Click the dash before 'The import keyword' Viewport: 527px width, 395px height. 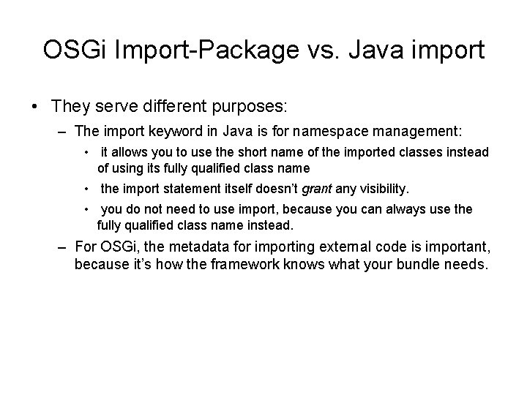(x=63, y=132)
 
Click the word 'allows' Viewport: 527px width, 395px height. (x=130, y=152)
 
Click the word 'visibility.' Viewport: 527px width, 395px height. (x=383, y=189)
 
